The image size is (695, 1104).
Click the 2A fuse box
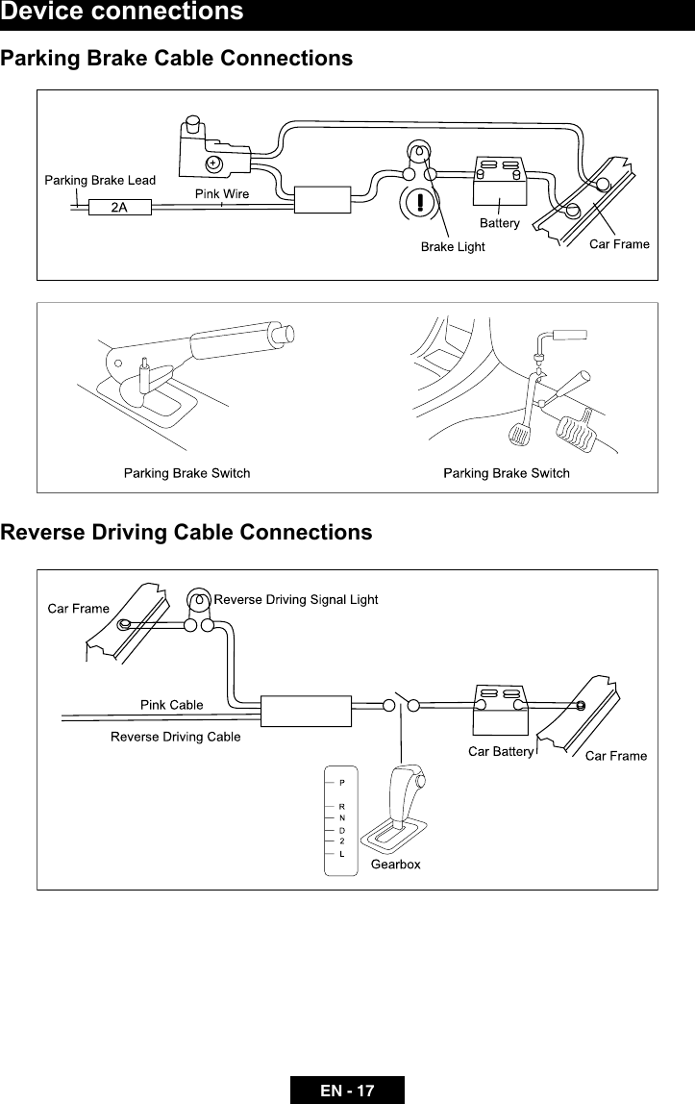point(119,206)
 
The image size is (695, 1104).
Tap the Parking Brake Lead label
point(101,179)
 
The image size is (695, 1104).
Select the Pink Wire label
point(222,193)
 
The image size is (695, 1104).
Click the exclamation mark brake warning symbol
point(421,204)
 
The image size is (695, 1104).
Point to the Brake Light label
point(454,247)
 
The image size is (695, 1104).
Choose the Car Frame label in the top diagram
point(619,243)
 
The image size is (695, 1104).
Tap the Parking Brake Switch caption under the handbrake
point(186,473)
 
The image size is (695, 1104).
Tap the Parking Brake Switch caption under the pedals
point(506,473)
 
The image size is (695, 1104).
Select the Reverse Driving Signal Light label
point(295,600)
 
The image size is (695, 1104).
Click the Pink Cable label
point(172,704)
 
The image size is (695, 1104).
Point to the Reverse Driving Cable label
point(176,738)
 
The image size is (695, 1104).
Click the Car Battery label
point(500,752)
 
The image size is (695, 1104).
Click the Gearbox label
point(396,865)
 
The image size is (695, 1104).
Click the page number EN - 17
point(347,1091)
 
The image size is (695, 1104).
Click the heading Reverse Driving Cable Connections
point(186,533)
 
